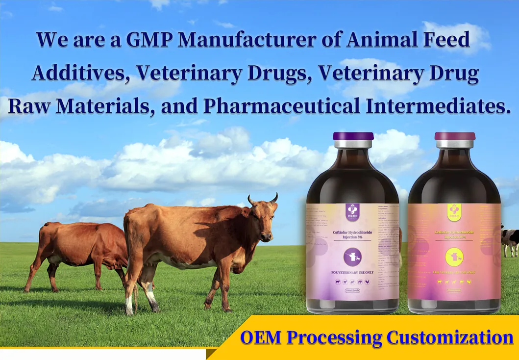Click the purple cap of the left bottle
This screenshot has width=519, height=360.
point(353,136)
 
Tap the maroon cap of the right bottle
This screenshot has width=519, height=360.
point(455,136)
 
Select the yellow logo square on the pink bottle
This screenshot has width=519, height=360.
point(453,209)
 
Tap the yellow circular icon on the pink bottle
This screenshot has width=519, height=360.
point(453,257)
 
